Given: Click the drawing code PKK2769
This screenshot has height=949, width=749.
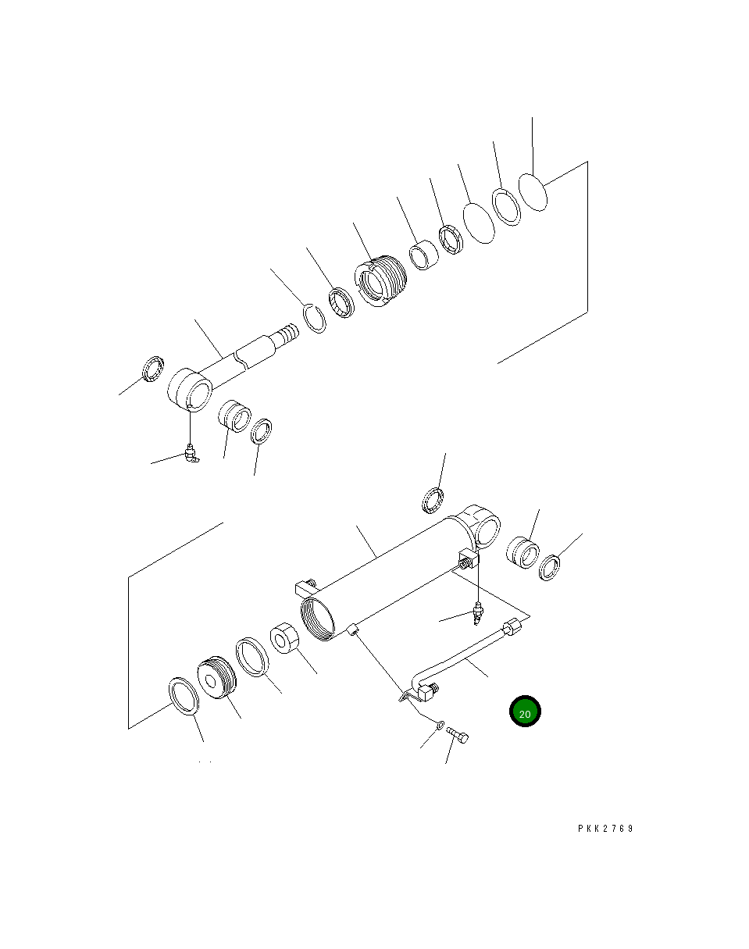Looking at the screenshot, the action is click(605, 829).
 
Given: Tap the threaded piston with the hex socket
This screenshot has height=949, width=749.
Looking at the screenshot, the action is click(216, 677).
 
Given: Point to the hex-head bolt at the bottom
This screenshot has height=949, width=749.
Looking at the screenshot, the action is click(458, 735).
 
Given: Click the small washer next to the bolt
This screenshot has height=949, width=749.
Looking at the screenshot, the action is click(440, 725).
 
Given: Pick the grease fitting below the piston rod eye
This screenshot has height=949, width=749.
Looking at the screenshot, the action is click(192, 454).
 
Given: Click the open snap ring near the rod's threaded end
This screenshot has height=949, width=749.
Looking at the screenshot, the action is click(315, 319).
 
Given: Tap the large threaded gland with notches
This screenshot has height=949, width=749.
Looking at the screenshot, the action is click(380, 281).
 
